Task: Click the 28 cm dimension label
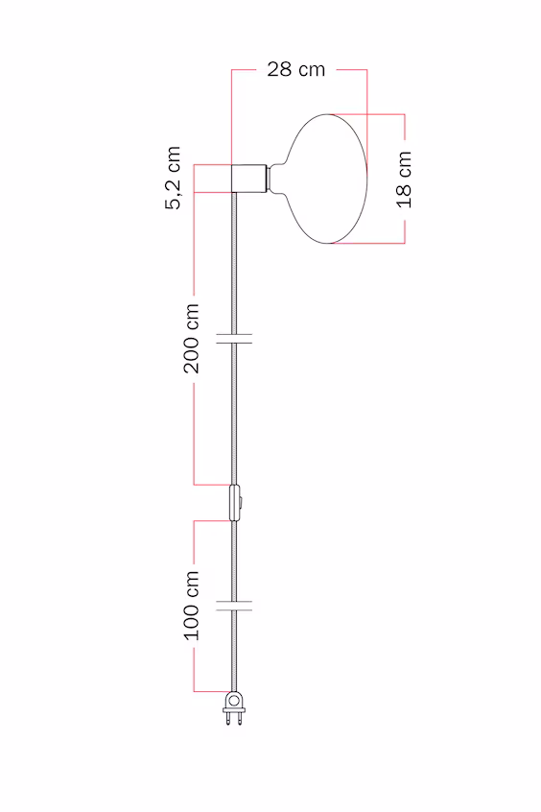point(296,69)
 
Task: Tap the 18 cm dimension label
point(405,179)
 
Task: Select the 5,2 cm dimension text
point(174,178)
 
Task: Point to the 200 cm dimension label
point(192,339)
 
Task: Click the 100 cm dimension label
point(192,606)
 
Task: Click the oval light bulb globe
point(324,179)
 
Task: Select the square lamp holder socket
point(249,179)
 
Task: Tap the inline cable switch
point(235,502)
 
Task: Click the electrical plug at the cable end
point(234,708)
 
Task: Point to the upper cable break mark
point(234,339)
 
